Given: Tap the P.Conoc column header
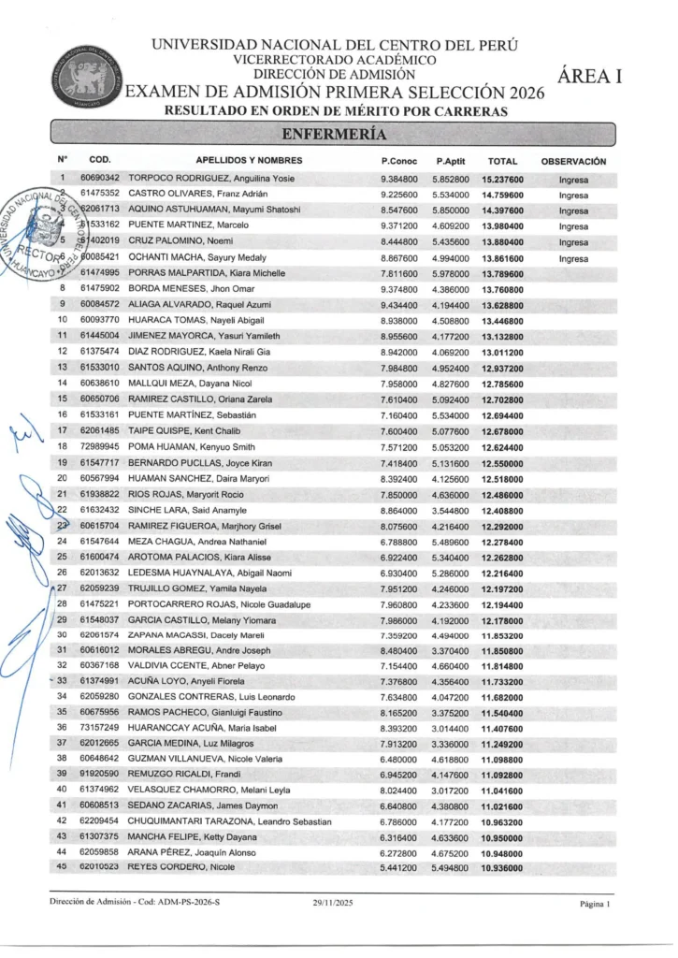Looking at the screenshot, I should [x=398, y=161].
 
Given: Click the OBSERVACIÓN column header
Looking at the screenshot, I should [x=573, y=161].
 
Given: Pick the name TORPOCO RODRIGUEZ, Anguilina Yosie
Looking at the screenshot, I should [x=211, y=178].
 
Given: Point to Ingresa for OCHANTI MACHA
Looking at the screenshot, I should [x=573, y=256].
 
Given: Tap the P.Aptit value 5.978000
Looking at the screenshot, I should [x=451, y=271].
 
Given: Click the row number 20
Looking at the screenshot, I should [x=62, y=479].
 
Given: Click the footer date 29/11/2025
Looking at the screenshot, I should [x=334, y=905].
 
